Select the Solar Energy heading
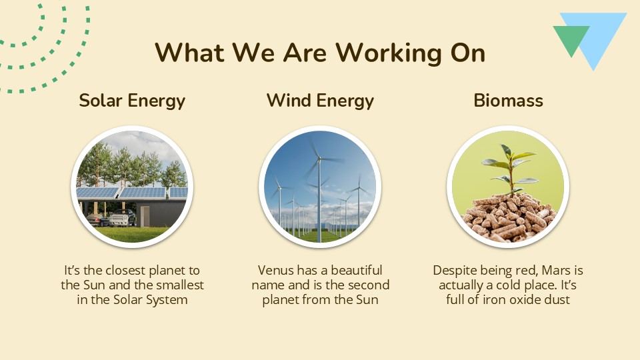(x=132, y=101)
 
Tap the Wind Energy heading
(x=320, y=101)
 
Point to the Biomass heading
(x=508, y=101)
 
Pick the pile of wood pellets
(x=508, y=217)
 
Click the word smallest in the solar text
(x=178, y=285)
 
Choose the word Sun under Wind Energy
(x=366, y=300)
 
